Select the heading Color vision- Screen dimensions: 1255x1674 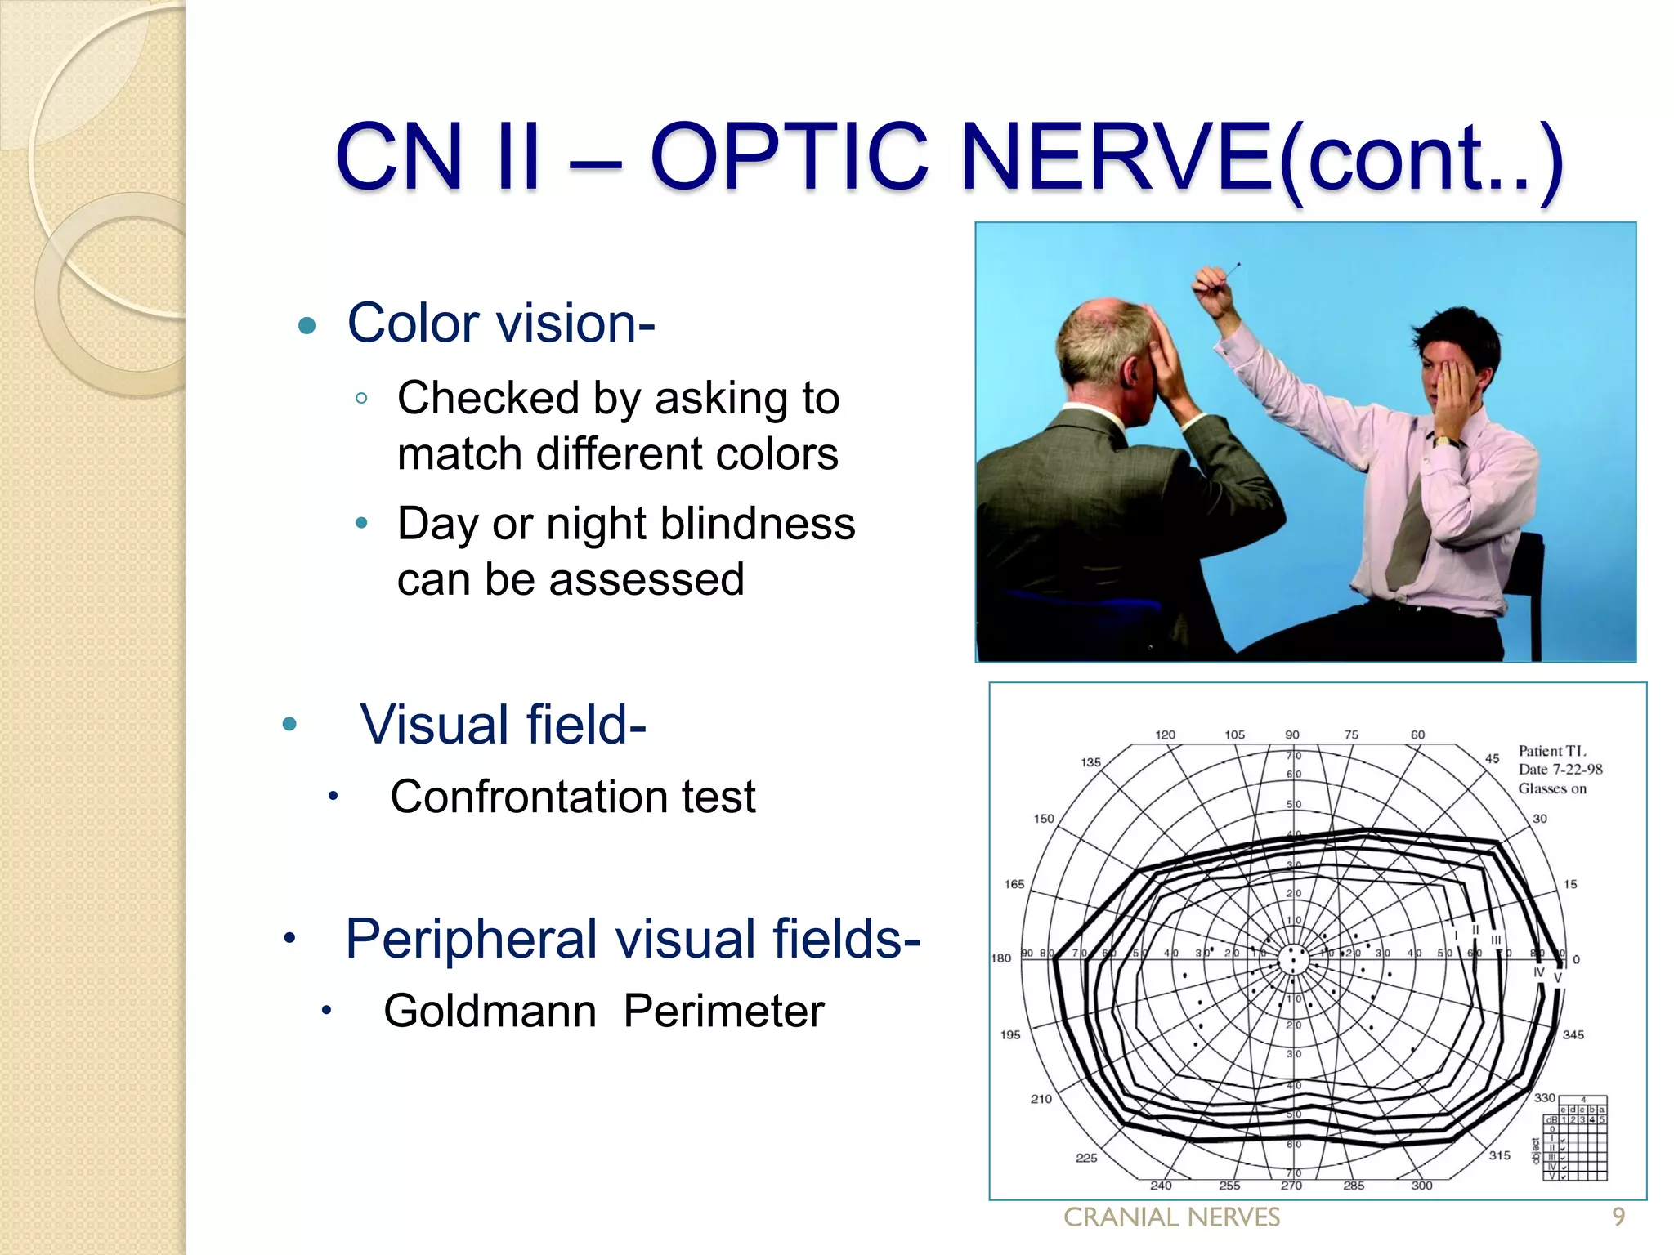point(501,324)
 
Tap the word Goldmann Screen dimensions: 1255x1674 point(490,1011)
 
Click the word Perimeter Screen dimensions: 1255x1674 point(723,1011)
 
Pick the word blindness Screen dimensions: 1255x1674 point(758,524)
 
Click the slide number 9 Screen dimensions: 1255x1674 point(1618,1217)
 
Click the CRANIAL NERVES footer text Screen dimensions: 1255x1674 point(1171,1217)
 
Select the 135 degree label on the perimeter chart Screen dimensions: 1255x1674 point(1090,762)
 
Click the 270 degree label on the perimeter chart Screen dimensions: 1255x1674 point(1291,1186)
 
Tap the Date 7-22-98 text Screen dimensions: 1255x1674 point(1560,770)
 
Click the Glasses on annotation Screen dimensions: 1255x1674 point(1551,788)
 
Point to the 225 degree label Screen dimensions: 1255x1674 point(1085,1158)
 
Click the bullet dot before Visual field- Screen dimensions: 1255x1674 point(289,724)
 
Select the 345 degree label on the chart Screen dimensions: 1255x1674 point(1573,1034)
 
